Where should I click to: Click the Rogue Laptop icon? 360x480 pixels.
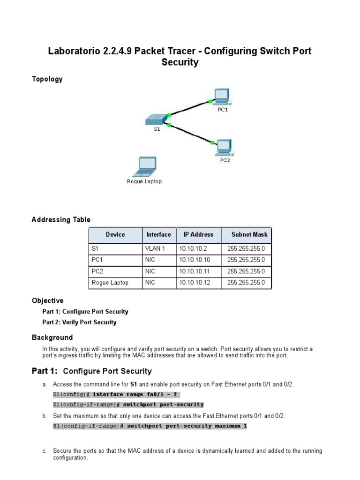[144, 167]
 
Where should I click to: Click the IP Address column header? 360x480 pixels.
[198, 234]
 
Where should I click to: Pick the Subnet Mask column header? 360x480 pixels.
[249, 234]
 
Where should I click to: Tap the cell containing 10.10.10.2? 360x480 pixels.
[192, 248]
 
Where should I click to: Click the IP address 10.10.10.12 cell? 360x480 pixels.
[194, 283]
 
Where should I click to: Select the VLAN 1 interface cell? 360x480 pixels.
[156, 248]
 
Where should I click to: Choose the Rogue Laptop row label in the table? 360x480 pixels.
[110, 283]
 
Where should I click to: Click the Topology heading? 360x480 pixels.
[47, 79]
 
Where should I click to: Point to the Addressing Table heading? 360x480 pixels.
[61, 219]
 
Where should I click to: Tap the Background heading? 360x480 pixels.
[52, 337]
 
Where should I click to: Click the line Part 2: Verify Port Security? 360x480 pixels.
[79, 322]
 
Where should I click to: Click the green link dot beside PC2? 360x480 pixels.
[212, 142]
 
